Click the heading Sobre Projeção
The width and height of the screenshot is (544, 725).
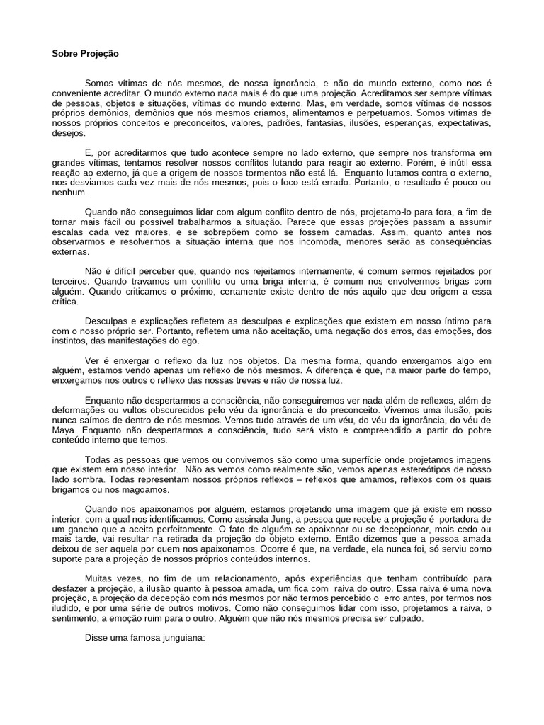click(x=85, y=53)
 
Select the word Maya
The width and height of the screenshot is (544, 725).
click(x=66, y=430)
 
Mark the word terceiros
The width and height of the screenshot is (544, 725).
click(x=69, y=280)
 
